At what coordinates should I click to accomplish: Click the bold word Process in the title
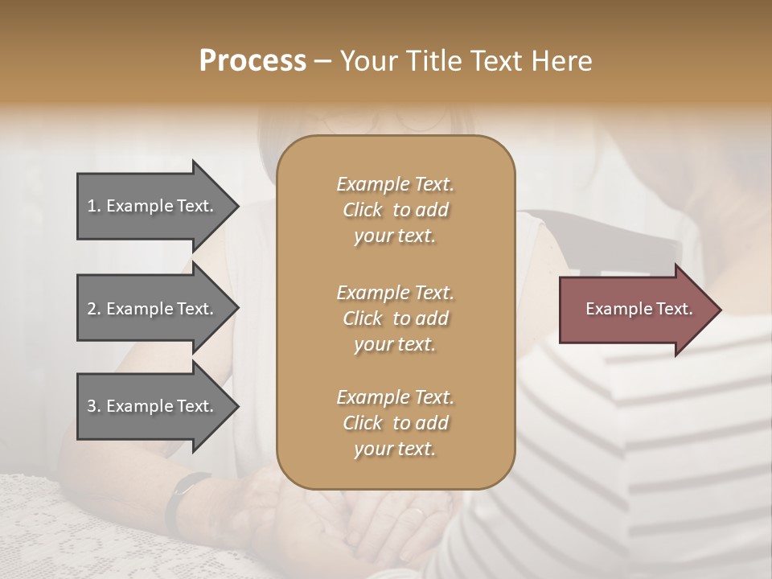click(x=253, y=61)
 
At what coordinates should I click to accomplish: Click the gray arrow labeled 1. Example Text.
click(x=153, y=206)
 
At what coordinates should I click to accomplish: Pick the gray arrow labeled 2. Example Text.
click(x=153, y=309)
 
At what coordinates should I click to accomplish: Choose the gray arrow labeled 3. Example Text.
click(x=153, y=406)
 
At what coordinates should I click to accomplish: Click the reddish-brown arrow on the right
click(x=635, y=309)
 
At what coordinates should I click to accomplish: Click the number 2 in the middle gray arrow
click(x=92, y=309)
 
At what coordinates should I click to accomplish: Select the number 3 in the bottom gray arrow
click(x=92, y=406)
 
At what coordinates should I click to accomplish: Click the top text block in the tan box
click(x=395, y=210)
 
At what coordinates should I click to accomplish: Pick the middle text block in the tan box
click(x=395, y=318)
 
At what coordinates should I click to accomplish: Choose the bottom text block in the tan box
click(x=395, y=423)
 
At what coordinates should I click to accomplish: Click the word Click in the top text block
click(x=363, y=210)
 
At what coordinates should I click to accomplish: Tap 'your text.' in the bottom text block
click(x=395, y=449)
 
